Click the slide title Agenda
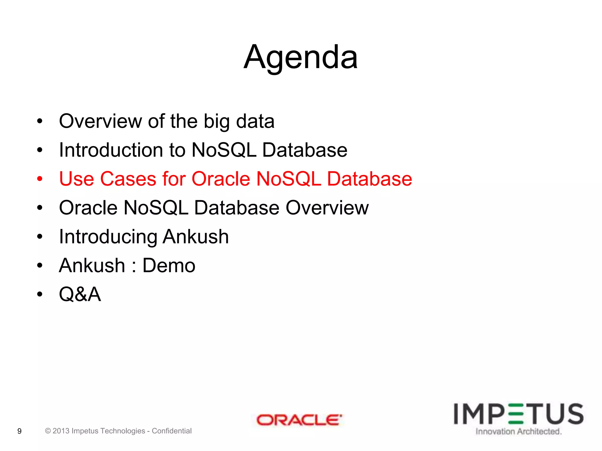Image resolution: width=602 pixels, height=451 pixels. [x=301, y=57]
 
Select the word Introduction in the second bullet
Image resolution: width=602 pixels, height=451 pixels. [x=111, y=150]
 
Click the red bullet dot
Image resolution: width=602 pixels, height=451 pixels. [x=40, y=179]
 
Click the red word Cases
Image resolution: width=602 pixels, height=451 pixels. [x=128, y=179]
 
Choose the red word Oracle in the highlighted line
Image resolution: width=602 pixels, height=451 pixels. [x=220, y=179]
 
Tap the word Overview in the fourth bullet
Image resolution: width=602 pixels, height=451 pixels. [x=327, y=208]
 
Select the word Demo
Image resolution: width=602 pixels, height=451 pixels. [x=169, y=265]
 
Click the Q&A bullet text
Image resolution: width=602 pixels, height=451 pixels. [x=80, y=294]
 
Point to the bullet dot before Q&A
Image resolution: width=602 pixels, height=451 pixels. [x=40, y=294]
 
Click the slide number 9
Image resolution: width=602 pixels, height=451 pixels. [x=19, y=431]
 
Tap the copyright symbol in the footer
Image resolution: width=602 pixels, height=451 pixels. [x=48, y=431]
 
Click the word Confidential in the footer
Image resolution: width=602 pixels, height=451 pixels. [x=172, y=431]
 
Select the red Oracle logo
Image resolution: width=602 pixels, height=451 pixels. [x=299, y=420]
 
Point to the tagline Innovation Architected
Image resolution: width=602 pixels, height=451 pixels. [x=519, y=432]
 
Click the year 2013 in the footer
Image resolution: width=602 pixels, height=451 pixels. [x=61, y=431]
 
